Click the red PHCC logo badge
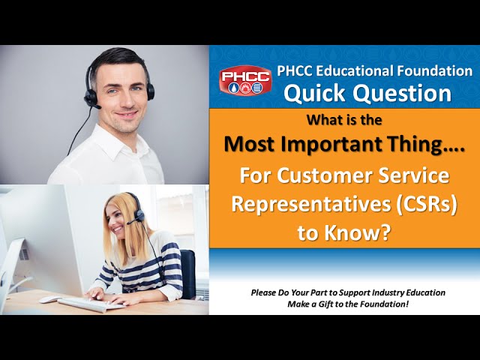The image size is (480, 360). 245,80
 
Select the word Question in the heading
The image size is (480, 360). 402,93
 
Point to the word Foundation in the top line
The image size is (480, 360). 435,70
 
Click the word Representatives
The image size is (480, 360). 311,205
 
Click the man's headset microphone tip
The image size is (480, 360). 97,107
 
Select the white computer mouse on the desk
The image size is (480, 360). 49,299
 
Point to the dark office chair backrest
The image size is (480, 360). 187,273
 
